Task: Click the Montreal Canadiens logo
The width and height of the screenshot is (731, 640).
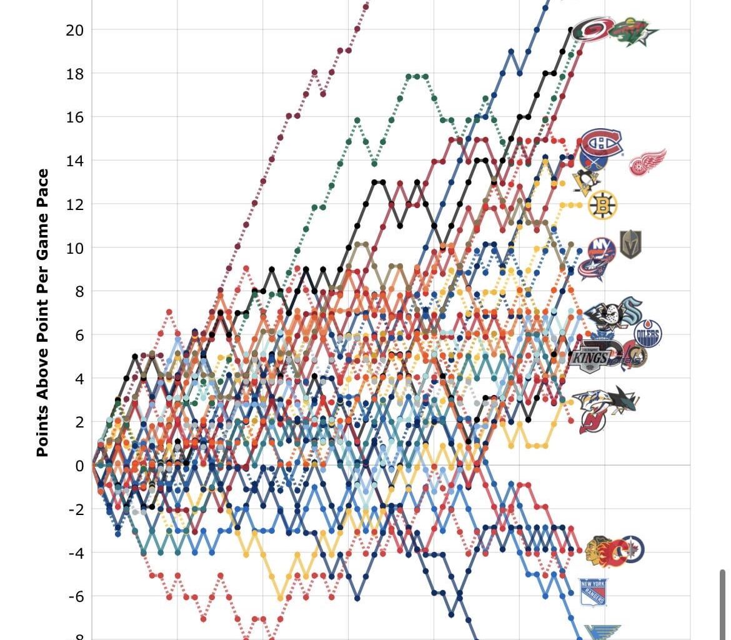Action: [601, 143]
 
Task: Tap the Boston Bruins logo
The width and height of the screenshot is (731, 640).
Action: [602, 206]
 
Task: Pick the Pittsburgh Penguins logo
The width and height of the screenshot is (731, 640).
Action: [586, 181]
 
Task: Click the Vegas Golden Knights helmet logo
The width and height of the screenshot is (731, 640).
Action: [630, 244]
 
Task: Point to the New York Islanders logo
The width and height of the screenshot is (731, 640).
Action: [601, 251]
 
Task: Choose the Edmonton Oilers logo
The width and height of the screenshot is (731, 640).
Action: [648, 334]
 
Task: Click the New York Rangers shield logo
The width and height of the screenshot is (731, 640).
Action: [592, 592]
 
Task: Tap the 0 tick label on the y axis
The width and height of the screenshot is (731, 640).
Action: [79, 466]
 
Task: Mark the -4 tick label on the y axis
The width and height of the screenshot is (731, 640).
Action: [76, 552]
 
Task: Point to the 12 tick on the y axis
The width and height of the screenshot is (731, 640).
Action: [75, 204]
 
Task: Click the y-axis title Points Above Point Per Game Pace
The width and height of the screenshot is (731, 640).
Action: [42, 312]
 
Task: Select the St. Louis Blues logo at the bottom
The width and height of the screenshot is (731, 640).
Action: [602, 632]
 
